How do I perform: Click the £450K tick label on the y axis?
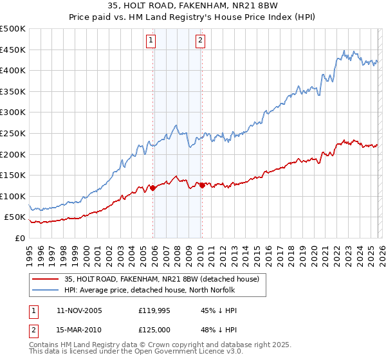(13, 50)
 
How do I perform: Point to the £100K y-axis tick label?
(13, 196)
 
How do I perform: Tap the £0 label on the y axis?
(19, 238)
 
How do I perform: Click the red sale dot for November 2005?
(153, 188)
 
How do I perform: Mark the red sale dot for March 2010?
(202, 185)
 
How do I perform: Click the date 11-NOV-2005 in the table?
(79, 310)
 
